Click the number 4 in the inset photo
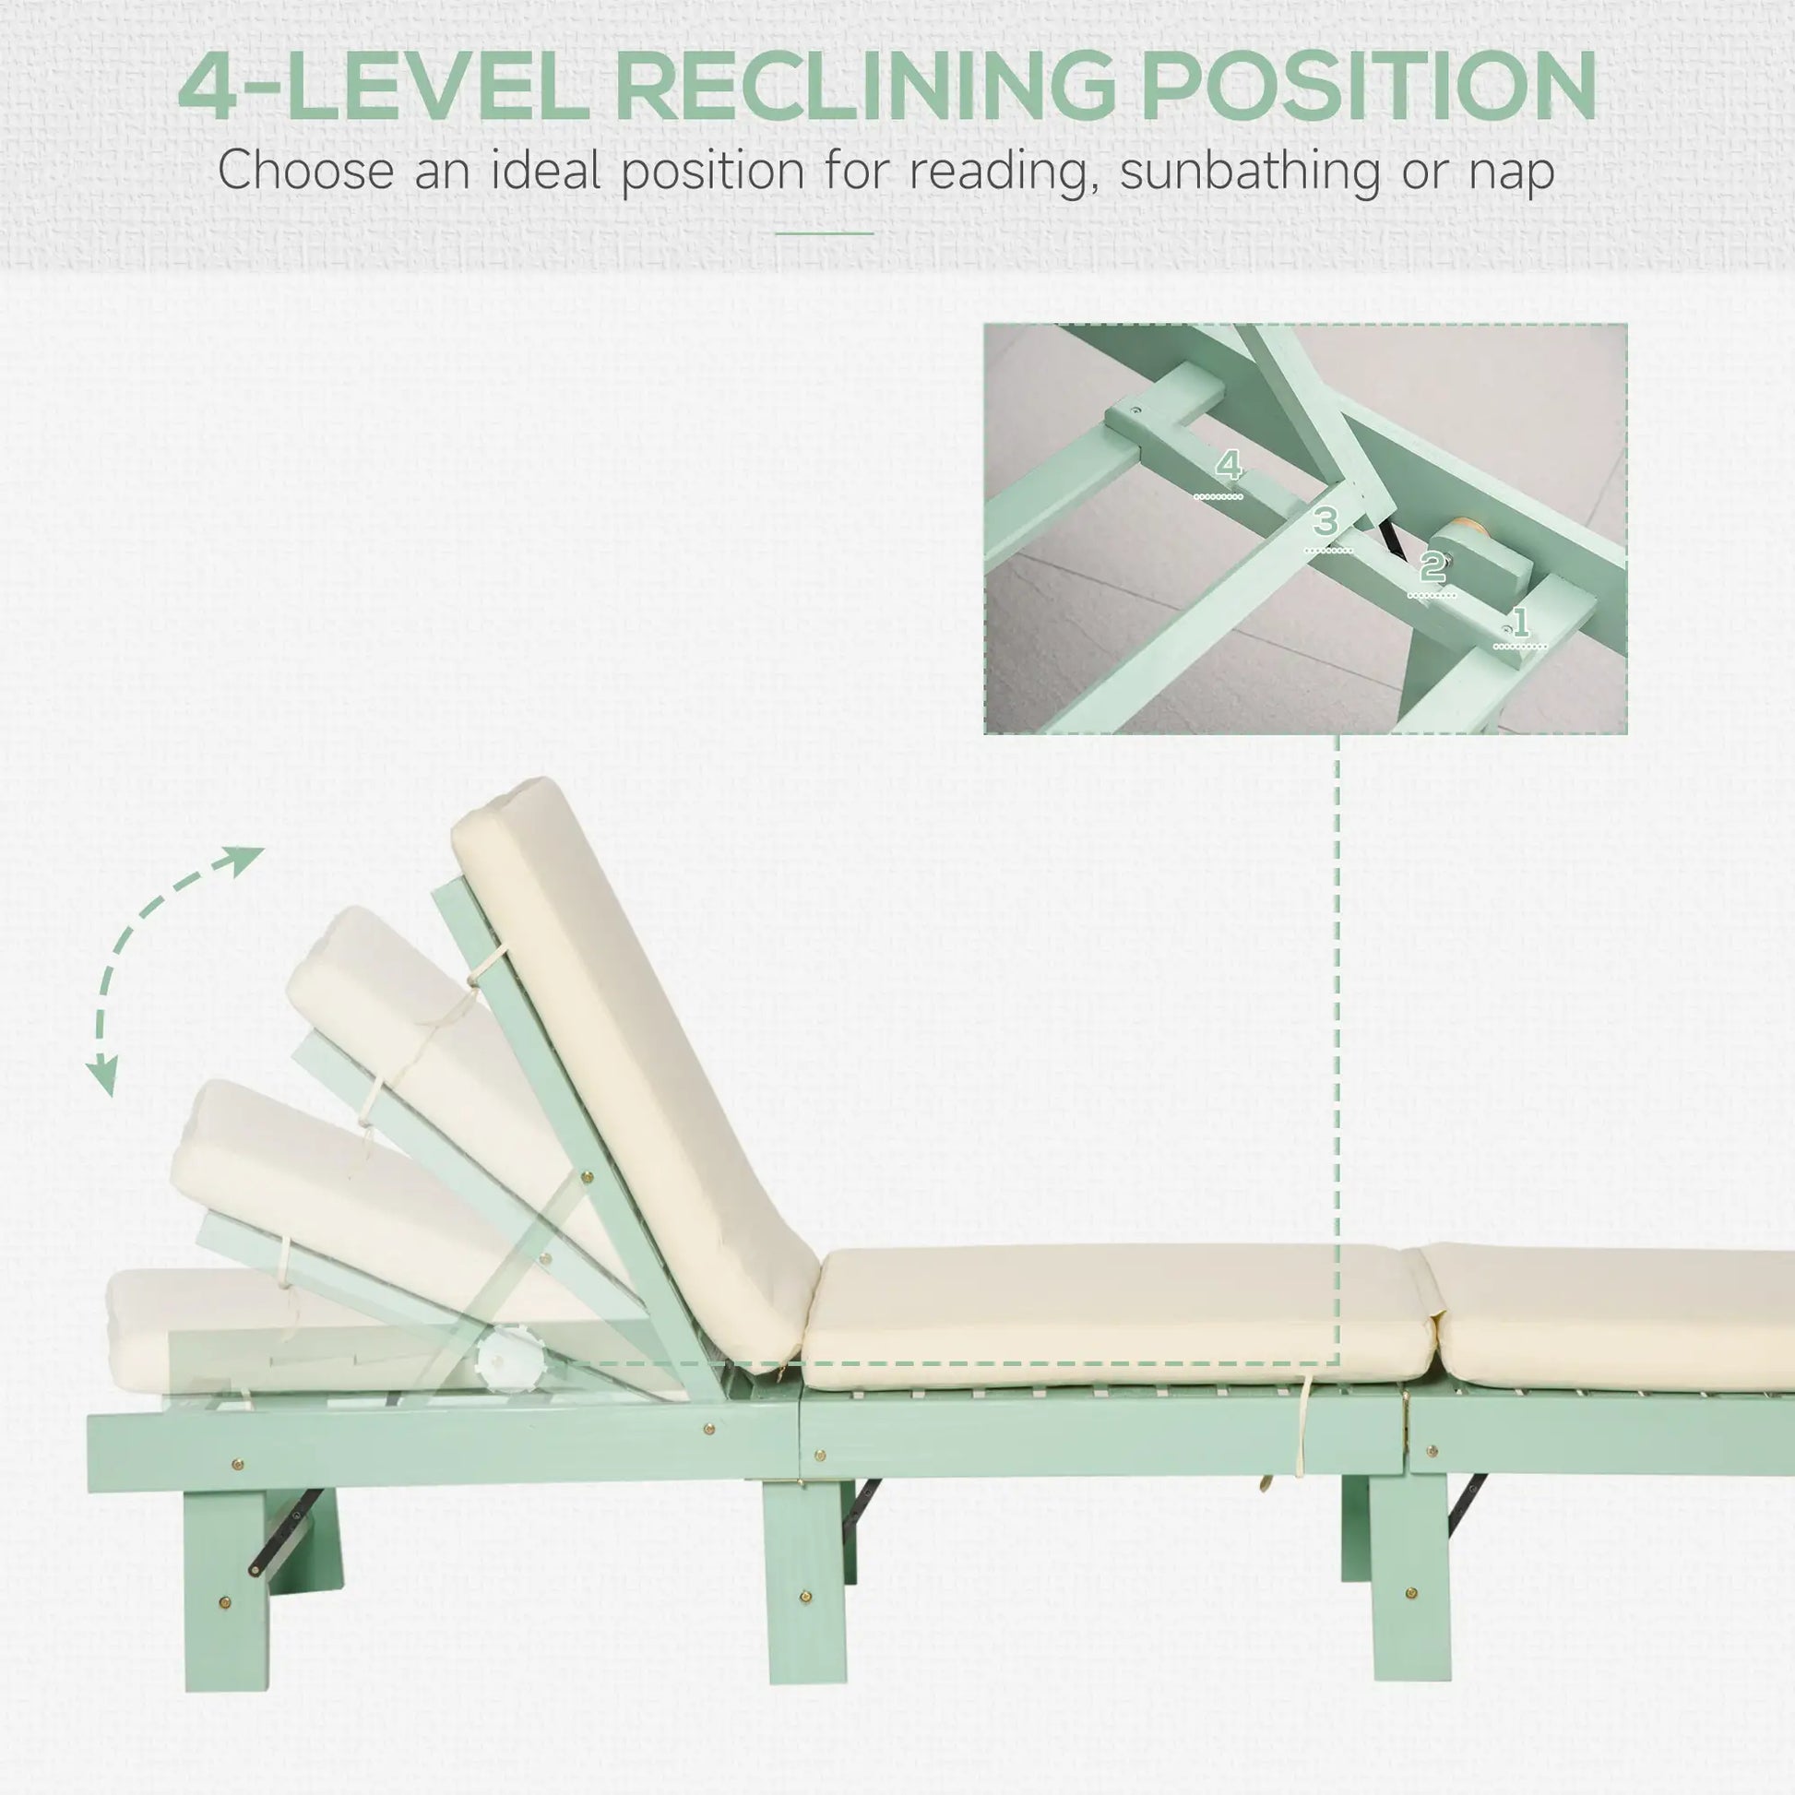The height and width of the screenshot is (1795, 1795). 1229,465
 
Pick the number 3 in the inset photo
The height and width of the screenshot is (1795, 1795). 1325,521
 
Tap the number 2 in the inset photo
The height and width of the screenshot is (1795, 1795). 1432,565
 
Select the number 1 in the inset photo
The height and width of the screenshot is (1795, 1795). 1520,622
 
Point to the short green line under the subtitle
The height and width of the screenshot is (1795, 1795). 824,233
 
